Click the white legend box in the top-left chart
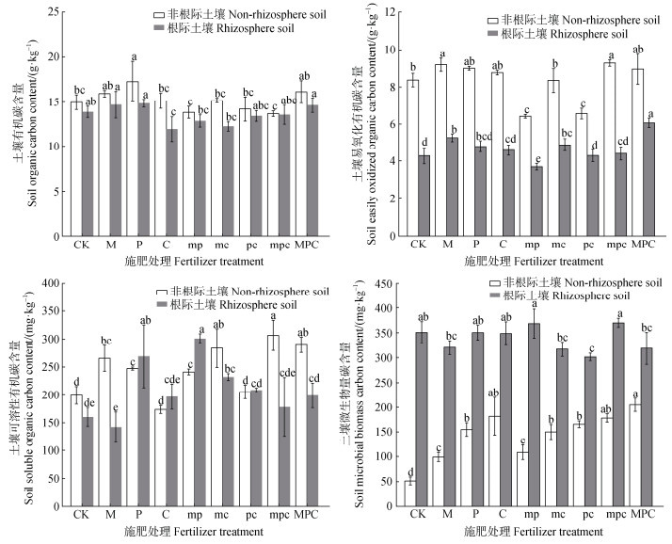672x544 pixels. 158,16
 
